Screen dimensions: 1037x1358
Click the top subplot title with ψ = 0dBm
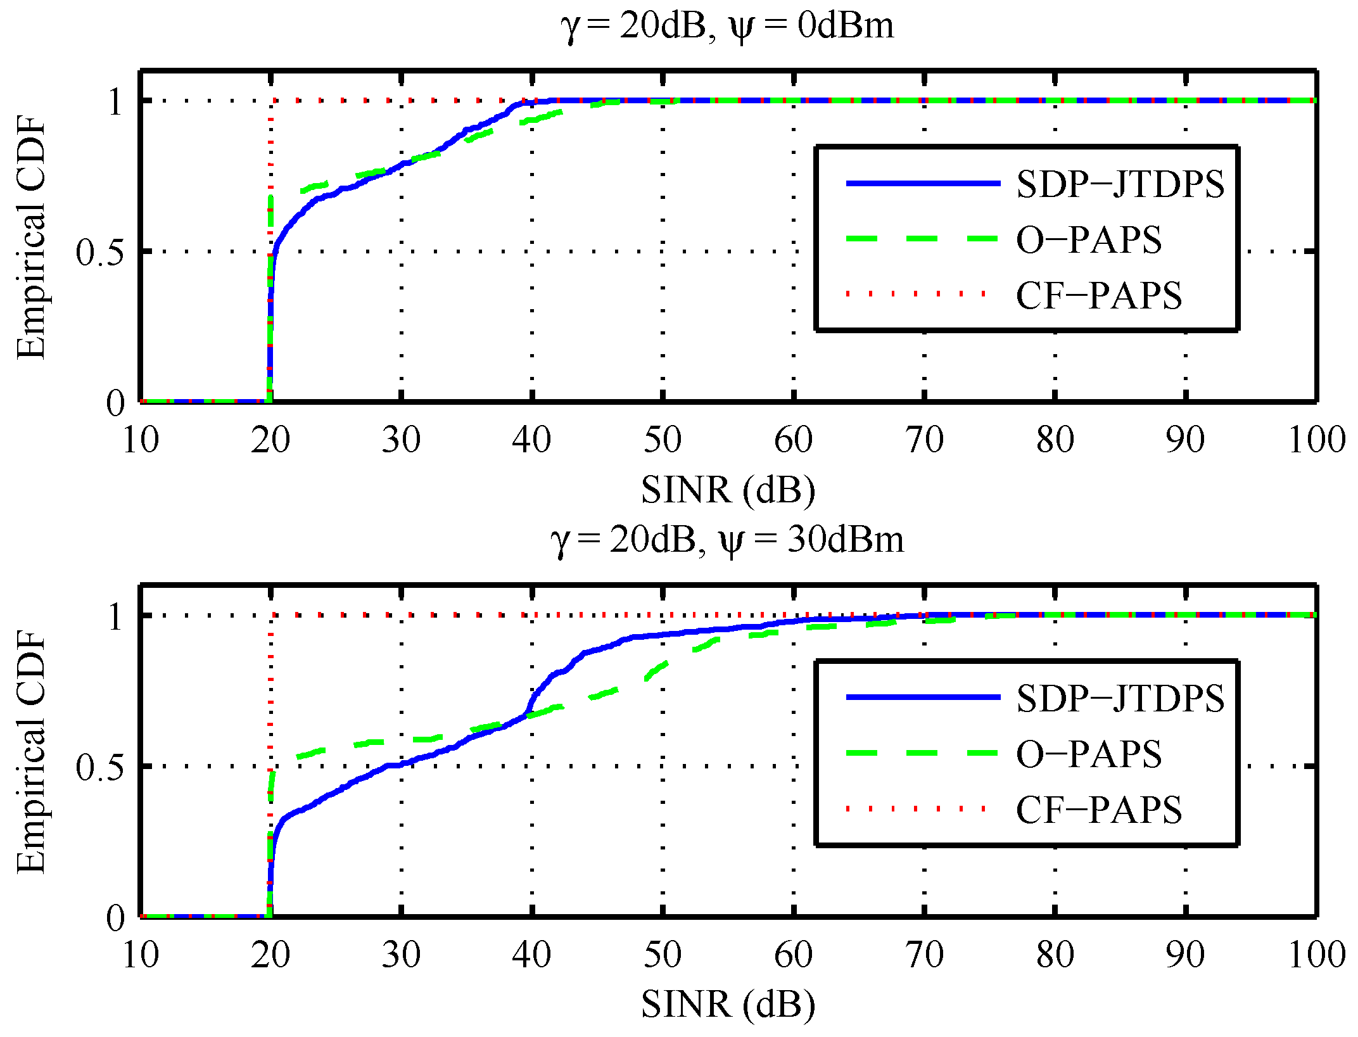[x=727, y=27]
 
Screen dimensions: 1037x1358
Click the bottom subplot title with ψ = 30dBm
[x=727, y=541]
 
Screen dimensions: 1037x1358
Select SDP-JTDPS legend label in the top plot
[x=1120, y=184]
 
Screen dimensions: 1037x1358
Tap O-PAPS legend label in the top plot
[x=1088, y=240]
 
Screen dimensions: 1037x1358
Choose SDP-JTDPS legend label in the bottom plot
[x=1120, y=699]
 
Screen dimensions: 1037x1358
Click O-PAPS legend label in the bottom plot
[x=1088, y=754]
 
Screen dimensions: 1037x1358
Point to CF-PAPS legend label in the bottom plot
[x=1098, y=810]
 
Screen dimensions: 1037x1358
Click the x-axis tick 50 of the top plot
[x=663, y=440]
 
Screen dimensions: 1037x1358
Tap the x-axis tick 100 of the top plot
[x=1316, y=440]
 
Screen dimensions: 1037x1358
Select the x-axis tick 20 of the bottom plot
[x=270, y=955]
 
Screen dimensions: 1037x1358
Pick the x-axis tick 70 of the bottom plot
[x=924, y=955]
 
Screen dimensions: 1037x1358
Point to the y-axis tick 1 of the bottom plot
[x=115, y=616]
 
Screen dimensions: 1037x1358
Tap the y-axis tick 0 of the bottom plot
[x=115, y=918]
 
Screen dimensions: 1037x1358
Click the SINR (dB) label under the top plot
[x=727, y=490]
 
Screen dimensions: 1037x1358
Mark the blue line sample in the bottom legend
[x=923, y=697]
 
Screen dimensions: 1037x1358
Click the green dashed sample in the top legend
[x=923, y=239]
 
